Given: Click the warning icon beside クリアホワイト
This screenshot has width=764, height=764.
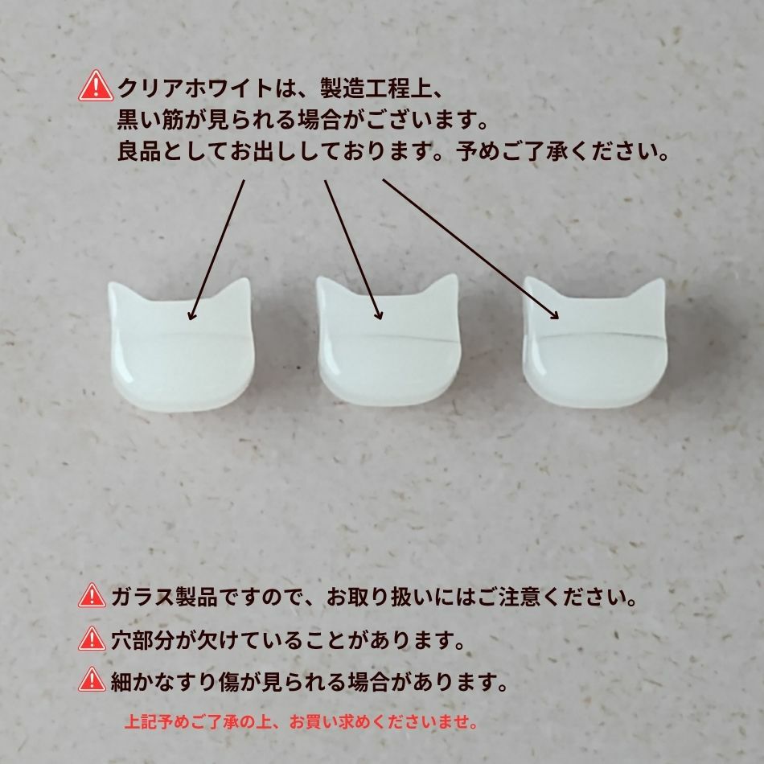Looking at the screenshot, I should [95, 86].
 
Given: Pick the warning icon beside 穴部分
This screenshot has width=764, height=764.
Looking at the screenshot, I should [93, 640].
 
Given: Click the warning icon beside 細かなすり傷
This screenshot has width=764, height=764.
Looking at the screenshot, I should [93, 681].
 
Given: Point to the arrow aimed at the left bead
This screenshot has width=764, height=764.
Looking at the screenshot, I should [216, 249].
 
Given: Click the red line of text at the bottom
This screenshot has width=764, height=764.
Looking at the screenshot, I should [302, 721].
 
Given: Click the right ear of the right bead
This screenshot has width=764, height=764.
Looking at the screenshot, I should [654, 290].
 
